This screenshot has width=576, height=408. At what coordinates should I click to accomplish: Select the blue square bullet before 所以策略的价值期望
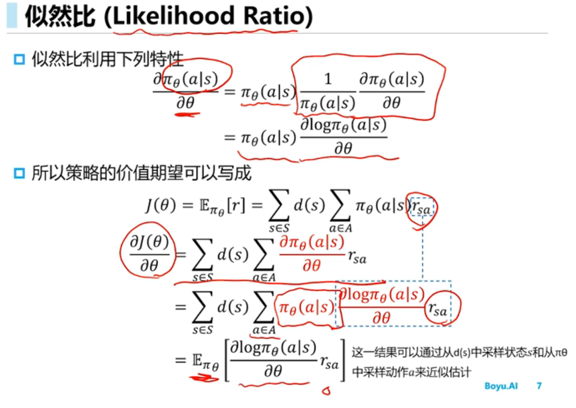(19, 174)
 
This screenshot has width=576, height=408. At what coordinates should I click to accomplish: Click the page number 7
(539, 386)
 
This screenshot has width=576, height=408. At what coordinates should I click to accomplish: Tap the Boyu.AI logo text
(501, 386)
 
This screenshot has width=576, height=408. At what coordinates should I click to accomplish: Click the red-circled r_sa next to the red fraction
(438, 309)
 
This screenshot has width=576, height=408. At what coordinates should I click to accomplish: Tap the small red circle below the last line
(324, 391)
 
